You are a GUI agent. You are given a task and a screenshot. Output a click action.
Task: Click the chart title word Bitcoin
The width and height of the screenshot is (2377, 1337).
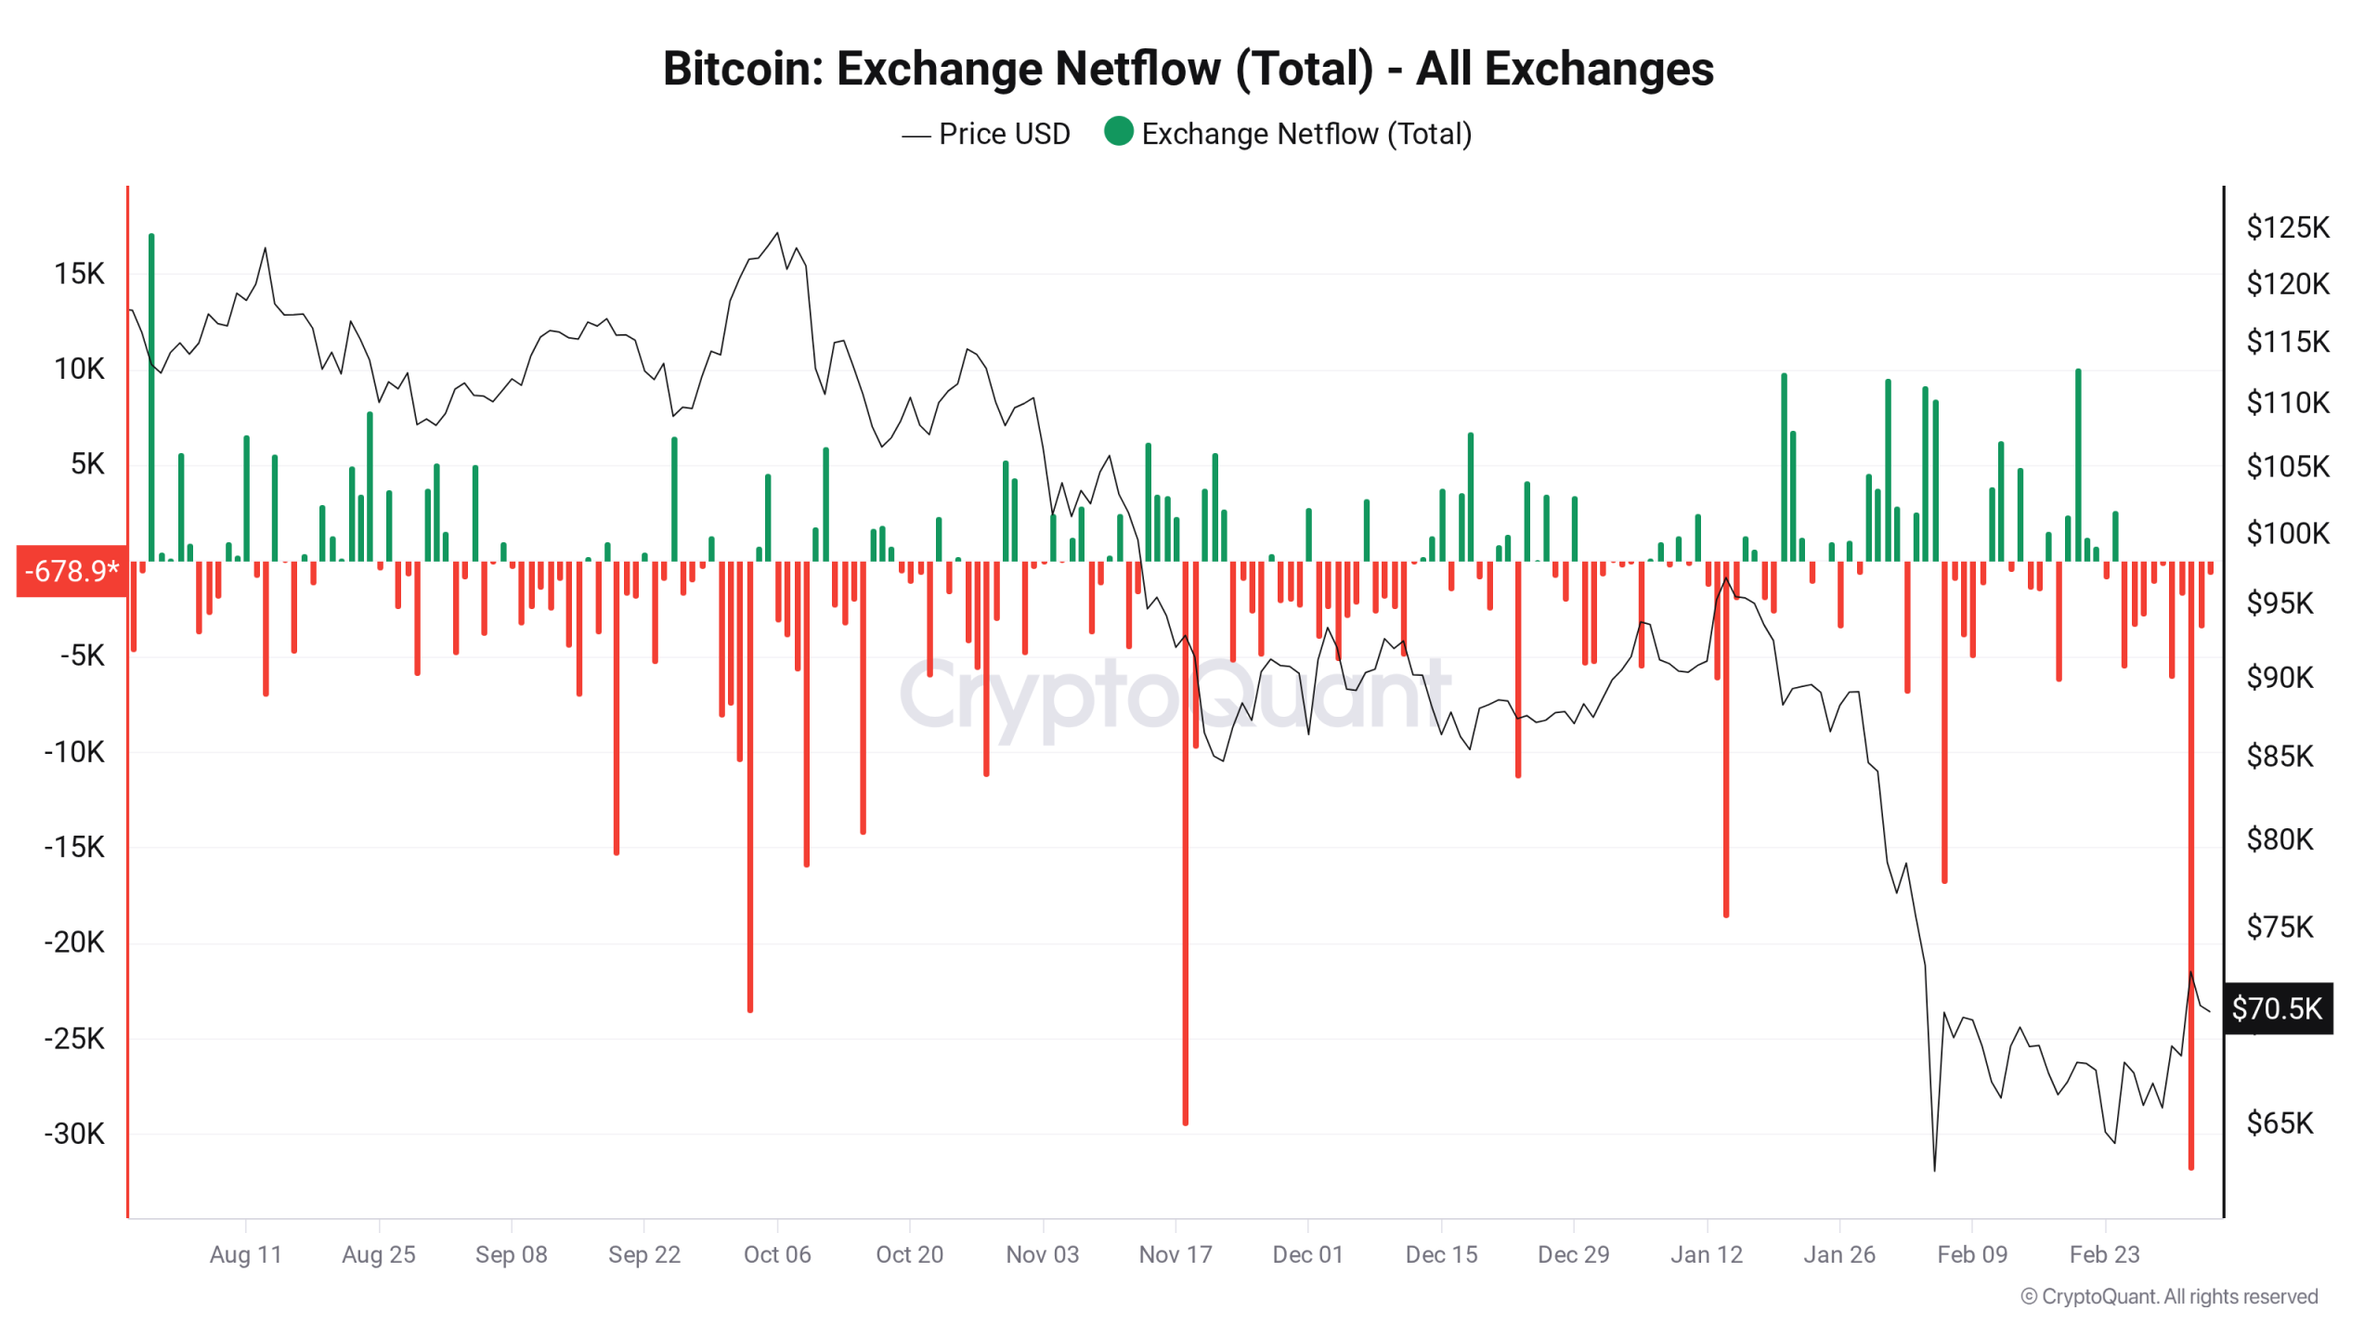[741, 69]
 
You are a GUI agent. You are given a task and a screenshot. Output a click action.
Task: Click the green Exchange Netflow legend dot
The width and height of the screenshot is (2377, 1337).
[1118, 131]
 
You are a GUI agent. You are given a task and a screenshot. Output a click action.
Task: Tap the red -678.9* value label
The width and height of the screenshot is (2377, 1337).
[71, 570]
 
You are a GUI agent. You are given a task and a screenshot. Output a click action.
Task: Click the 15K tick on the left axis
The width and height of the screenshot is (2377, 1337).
[79, 273]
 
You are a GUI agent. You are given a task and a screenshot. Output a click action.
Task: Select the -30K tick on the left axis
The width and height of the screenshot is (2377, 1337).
[74, 1133]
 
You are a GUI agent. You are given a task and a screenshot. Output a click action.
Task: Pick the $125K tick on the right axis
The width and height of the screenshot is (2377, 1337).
[2287, 227]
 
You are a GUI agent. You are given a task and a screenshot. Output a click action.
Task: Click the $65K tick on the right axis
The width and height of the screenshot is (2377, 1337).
[2280, 1123]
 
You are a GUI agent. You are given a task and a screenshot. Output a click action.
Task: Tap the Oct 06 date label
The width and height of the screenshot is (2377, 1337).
[776, 1254]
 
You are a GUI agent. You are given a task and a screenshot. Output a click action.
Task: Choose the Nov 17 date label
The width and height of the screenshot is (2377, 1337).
[1175, 1254]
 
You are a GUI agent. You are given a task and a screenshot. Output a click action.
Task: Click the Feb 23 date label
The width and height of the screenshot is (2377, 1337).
[2104, 1254]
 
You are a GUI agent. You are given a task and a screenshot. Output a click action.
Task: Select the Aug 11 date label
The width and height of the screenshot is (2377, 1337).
[245, 1254]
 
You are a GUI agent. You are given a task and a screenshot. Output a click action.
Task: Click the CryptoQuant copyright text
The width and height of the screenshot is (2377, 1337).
[2169, 1296]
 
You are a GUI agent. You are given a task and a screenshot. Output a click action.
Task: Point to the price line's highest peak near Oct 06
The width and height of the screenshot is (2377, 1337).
[777, 233]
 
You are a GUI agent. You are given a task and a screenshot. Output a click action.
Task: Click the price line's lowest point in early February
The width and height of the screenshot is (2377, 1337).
[1934, 1169]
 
